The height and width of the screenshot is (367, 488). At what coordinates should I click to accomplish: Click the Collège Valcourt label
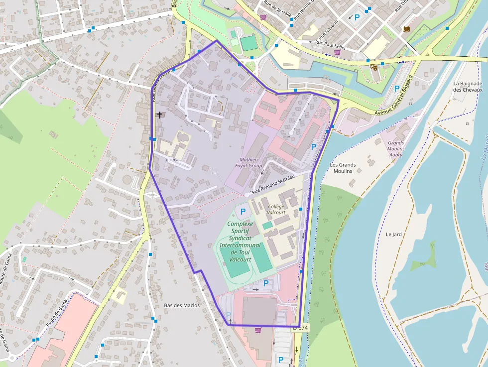tap(276, 210)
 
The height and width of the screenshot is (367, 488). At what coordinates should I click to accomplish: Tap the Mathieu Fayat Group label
tap(248, 162)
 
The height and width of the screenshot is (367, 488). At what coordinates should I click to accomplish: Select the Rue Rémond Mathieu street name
tap(273, 184)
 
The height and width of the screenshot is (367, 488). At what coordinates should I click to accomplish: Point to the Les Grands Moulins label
tap(343, 168)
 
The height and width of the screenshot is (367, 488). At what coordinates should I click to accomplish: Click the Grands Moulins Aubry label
tap(396, 148)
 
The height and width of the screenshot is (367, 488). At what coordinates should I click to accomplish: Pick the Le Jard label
tap(393, 234)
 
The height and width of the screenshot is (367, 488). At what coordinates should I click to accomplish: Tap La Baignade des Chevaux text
tap(468, 87)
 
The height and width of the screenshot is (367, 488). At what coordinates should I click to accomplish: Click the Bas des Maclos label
tap(182, 305)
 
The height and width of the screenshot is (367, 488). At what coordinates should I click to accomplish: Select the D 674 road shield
tap(300, 328)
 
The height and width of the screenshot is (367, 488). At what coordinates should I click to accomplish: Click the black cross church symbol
tap(160, 115)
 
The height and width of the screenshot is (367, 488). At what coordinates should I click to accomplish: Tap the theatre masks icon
tap(374, 67)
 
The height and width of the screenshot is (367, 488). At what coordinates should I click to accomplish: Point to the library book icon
tap(406, 29)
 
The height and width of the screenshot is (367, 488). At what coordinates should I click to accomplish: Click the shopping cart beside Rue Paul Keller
tap(337, 52)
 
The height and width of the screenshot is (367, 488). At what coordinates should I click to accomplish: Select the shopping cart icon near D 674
tap(258, 330)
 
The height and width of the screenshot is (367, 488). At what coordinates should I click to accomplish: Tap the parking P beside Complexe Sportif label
tap(243, 212)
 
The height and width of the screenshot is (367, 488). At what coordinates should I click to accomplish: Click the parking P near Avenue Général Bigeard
tap(397, 89)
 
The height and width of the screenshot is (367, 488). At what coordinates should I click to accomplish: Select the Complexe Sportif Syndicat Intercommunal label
tap(240, 242)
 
